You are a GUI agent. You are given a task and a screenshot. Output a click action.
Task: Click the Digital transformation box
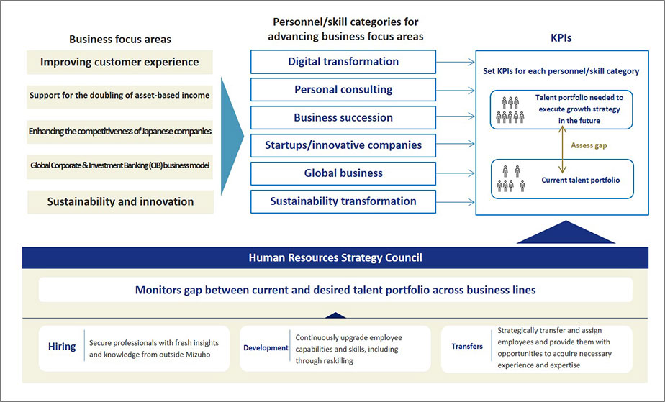click(343, 62)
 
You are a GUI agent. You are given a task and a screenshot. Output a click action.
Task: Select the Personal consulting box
click(343, 90)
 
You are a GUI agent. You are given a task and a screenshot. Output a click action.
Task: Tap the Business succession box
click(343, 118)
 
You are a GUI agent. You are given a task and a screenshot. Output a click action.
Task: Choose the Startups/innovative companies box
click(343, 145)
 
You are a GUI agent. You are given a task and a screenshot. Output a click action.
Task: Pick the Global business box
click(343, 173)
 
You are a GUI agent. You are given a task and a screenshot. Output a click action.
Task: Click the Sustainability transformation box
click(343, 201)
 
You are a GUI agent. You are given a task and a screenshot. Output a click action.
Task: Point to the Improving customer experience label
click(119, 62)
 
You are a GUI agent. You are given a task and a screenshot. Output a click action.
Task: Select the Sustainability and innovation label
click(120, 201)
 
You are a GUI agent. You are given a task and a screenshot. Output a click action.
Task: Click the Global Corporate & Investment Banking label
click(119, 165)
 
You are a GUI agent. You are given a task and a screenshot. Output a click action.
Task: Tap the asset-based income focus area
click(119, 95)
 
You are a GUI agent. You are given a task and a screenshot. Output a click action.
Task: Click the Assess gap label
click(589, 145)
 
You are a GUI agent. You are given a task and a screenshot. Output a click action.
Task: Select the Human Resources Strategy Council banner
click(335, 257)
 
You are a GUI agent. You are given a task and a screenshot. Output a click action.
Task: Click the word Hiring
click(62, 346)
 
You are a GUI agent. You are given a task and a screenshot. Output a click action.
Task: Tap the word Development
click(266, 347)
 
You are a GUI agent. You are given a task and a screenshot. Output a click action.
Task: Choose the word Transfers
click(467, 347)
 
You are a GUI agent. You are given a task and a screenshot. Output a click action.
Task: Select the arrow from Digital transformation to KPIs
click(456, 63)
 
